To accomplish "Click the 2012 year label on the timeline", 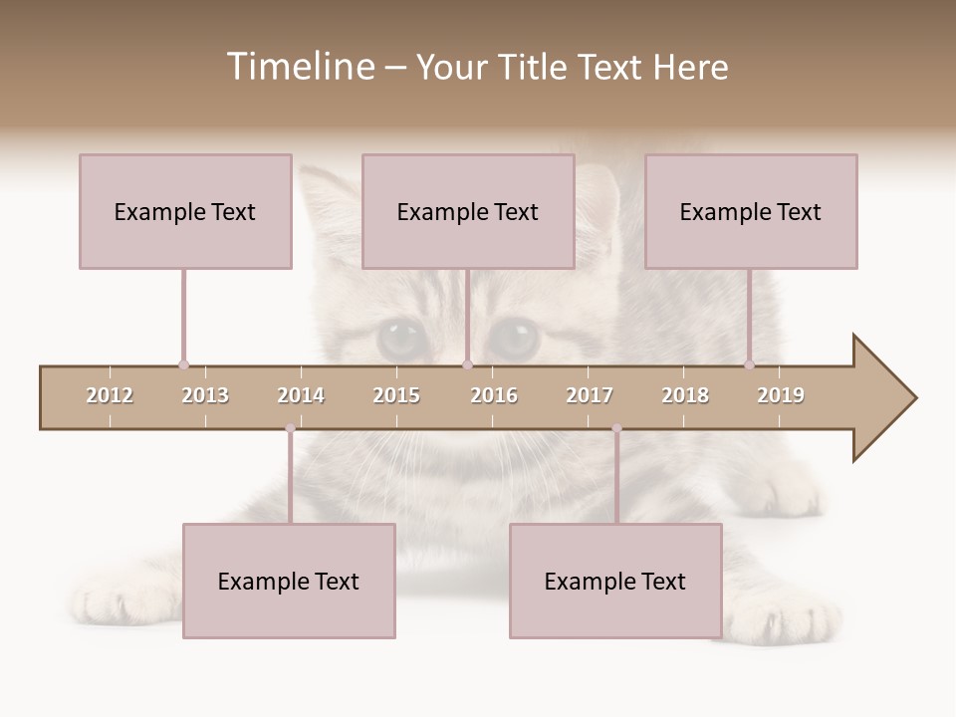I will tap(110, 395).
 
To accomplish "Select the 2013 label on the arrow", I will tap(205, 395).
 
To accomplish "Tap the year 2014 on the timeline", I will tap(301, 395).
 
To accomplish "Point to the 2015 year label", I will tap(396, 395).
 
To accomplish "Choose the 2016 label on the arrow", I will tap(494, 395).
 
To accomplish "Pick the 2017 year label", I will tap(590, 395).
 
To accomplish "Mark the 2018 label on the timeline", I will tap(685, 395).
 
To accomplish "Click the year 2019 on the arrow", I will tap(781, 395).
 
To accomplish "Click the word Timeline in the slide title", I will tap(300, 67).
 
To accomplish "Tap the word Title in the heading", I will tap(534, 67).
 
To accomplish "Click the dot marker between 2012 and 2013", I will tap(183, 364).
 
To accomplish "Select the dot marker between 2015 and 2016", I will tap(467, 364).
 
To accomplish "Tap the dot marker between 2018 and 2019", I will tap(750, 364).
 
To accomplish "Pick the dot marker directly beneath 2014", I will tap(290, 428).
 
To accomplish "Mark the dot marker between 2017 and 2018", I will tap(616, 428).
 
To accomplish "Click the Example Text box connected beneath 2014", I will tap(289, 581).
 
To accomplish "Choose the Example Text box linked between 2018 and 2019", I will tap(751, 211).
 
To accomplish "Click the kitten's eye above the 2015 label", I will tap(402, 339).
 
